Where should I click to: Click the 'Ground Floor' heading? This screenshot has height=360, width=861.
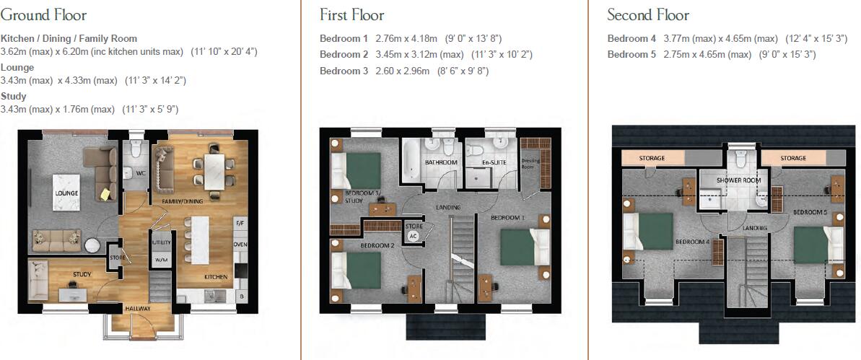click(x=43, y=15)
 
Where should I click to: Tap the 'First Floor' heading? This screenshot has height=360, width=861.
click(x=352, y=15)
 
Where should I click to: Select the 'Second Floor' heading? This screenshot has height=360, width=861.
click(x=647, y=15)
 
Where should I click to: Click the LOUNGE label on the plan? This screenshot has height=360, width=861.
click(x=66, y=193)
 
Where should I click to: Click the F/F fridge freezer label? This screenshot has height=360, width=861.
click(x=240, y=224)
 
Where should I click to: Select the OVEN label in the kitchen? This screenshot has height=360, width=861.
click(x=240, y=244)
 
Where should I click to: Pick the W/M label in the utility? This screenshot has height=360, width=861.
click(x=160, y=260)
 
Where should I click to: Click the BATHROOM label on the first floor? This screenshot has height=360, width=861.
click(x=441, y=162)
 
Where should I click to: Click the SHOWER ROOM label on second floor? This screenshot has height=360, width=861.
click(x=738, y=180)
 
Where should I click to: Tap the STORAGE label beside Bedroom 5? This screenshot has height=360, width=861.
click(x=792, y=158)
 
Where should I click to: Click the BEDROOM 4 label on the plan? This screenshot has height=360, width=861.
click(x=691, y=242)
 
